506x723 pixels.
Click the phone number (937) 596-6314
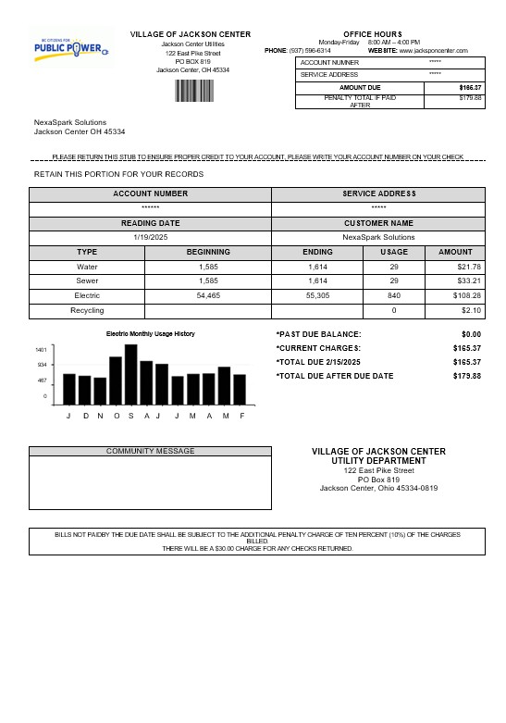click(310, 50)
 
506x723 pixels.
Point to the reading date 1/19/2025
click(150, 237)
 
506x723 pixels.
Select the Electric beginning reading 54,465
click(208, 295)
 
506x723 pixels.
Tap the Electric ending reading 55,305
click(318, 295)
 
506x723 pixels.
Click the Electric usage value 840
click(394, 295)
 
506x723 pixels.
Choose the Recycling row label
click(87, 310)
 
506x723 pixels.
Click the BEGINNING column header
click(208, 252)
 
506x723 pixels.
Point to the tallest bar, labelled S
click(131, 374)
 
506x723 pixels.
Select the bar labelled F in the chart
click(241, 389)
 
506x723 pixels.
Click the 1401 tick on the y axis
click(42, 350)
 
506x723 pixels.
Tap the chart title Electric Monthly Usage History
click(151, 333)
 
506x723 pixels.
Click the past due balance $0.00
click(471, 334)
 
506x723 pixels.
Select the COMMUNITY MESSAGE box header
click(151, 451)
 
